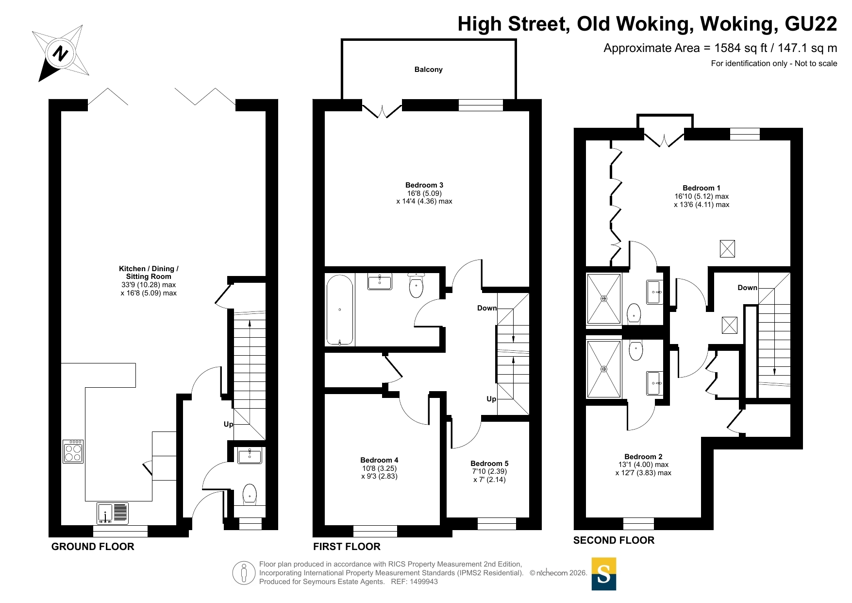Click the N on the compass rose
click(x=61, y=52)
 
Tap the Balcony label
click(x=428, y=69)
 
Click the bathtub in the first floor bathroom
click(x=340, y=310)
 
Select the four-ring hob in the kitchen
click(x=73, y=451)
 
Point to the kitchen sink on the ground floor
click(x=113, y=513)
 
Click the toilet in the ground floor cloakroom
click(x=250, y=494)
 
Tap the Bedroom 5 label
click(x=489, y=464)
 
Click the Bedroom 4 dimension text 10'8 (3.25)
click(x=379, y=468)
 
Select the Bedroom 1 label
click(x=702, y=188)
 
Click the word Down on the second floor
click(x=747, y=288)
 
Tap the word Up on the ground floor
click(x=228, y=424)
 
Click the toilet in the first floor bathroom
click(x=416, y=286)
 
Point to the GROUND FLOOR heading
click(x=93, y=547)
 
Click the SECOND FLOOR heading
click(x=614, y=540)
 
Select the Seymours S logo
click(x=604, y=574)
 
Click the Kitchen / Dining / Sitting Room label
click(x=149, y=273)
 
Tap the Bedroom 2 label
click(x=643, y=457)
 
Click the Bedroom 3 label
click(x=424, y=185)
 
